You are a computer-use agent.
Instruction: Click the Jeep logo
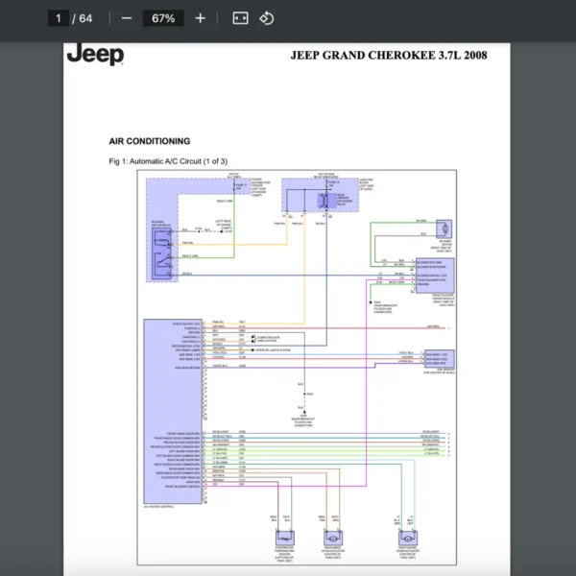95,54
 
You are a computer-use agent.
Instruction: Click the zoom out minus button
127,18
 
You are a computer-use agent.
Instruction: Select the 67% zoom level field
162,18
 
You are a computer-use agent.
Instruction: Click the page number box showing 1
59,18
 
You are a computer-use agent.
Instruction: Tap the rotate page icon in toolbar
267,18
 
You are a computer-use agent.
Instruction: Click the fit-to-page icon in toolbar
240,18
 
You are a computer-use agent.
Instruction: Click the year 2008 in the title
475,55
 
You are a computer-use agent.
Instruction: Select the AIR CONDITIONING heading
149,141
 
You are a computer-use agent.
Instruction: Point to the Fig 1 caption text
168,160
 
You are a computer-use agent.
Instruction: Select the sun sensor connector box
437,358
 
